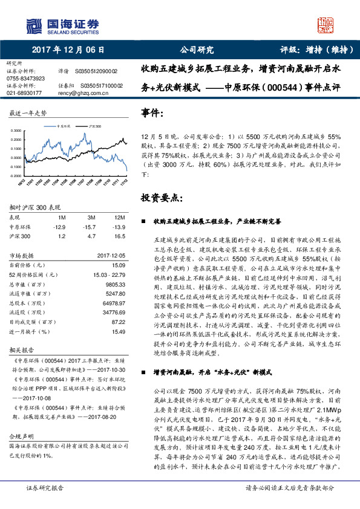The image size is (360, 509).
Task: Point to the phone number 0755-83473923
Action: (25, 79)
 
